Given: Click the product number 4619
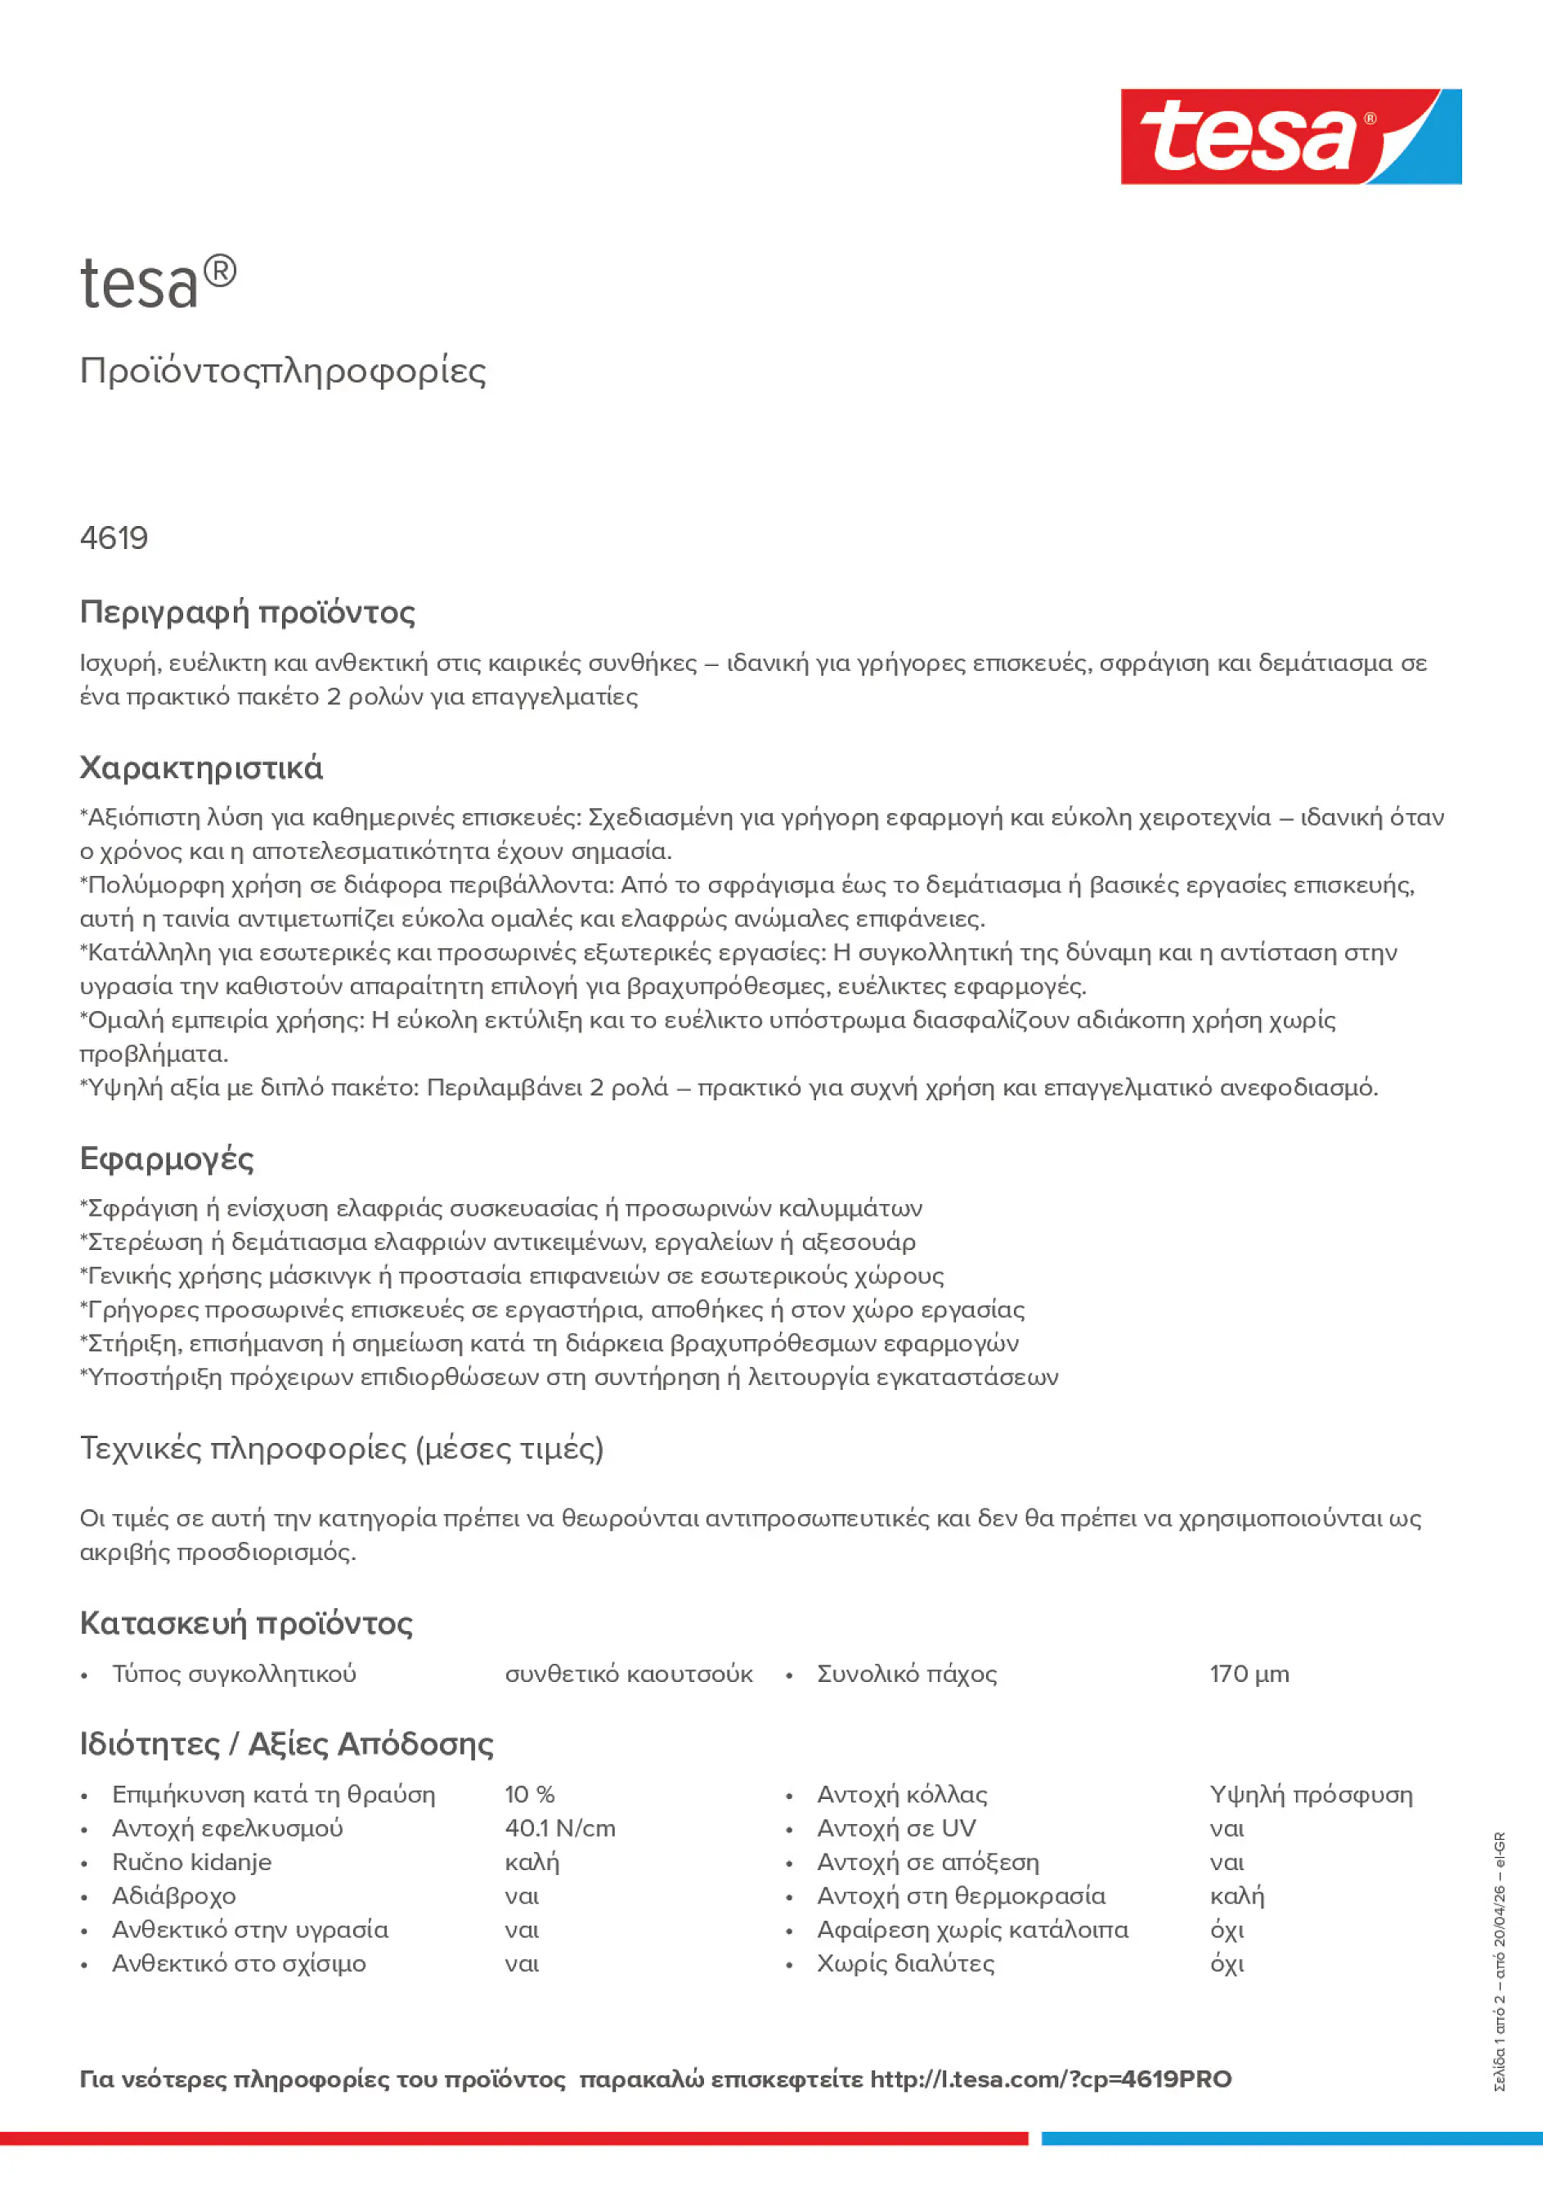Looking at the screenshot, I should tap(114, 538).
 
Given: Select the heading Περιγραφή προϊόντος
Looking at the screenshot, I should tap(247, 612).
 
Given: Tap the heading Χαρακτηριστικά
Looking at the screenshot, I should tap(200, 768).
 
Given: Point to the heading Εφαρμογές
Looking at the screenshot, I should tap(167, 1159).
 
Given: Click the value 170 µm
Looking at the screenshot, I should tap(1249, 1675).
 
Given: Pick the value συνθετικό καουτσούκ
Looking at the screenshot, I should tap(628, 1675).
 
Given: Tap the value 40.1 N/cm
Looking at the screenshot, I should tap(559, 1829).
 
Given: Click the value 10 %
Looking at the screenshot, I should tap(529, 1795).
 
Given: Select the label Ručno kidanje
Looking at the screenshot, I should tap(191, 1863).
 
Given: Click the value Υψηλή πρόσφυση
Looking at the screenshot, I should tap(1311, 1795).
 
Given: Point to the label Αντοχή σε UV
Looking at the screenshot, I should tap(895, 1829).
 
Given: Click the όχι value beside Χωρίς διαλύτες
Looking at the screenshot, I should tap(1227, 1964).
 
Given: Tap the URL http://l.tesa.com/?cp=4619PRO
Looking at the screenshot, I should tap(1050, 2080).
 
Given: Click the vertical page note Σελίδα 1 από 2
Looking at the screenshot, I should tap(1500, 2046).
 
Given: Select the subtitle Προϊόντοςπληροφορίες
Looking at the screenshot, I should tap(283, 371).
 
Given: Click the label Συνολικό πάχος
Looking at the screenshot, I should tap(907, 1675).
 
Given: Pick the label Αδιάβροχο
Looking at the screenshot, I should tap(173, 1897).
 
